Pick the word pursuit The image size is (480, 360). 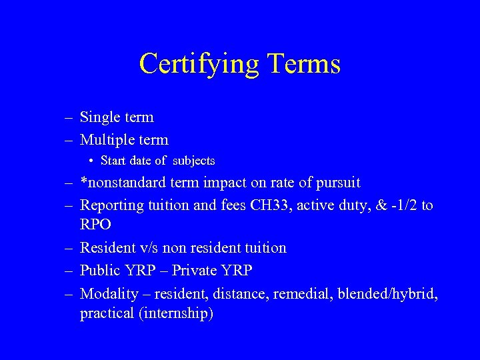point(337,183)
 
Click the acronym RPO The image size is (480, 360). point(96,225)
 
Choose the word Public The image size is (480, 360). point(99,271)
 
